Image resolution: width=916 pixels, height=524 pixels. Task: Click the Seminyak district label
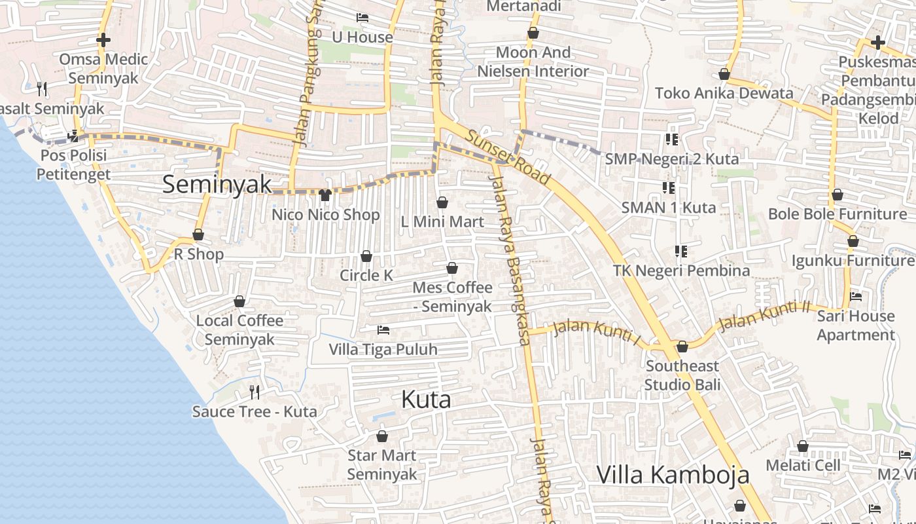pyautogui.click(x=217, y=184)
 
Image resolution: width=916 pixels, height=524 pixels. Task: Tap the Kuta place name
pyautogui.click(x=425, y=399)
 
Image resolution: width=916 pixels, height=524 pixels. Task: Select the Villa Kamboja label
pyautogui.click(x=673, y=474)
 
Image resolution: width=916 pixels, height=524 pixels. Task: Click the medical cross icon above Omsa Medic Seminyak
pyautogui.click(x=103, y=40)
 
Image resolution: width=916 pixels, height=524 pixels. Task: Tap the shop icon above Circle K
pyautogui.click(x=366, y=256)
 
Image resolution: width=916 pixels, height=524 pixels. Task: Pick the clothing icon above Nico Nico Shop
pyautogui.click(x=325, y=195)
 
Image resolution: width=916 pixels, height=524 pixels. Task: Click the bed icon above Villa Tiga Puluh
pyautogui.click(x=383, y=330)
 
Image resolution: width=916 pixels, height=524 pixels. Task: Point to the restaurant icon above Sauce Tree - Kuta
pyautogui.click(x=255, y=392)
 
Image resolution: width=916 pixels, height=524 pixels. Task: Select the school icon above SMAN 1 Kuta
pyautogui.click(x=668, y=188)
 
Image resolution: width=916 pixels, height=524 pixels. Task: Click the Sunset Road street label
pyautogui.click(x=508, y=156)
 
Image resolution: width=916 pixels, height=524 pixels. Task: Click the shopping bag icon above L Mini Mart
pyautogui.click(x=442, y=202)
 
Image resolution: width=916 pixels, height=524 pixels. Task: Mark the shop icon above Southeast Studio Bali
pyautogui.click(x=682, y=346)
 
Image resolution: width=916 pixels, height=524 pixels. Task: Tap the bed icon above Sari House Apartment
pyautogui.click(x=855, y=297)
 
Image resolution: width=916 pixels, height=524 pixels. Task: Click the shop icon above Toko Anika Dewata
pyautogui.click(x=724, y=74)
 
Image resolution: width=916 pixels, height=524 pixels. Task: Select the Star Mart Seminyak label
pyautogui.click(x=382, y=464)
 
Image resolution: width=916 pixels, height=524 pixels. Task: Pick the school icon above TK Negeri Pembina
pyautogui.click(x=681, y=252)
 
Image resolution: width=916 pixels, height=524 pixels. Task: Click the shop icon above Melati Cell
pyautogui.click(x=803, y=447)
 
